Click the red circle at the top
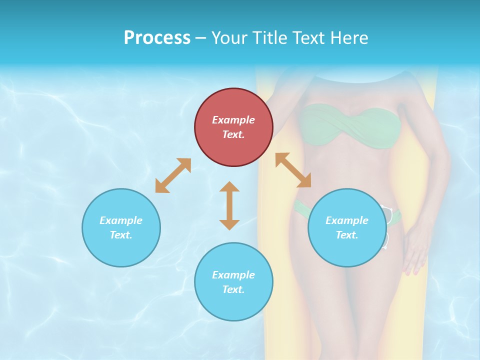coord(233,127)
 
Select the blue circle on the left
coord(121,227)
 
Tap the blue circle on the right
coord(347,227)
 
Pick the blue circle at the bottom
coord(233,282)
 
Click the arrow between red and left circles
coord(173,175)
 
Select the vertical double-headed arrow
coord(229,205)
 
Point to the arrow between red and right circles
coord(293,170)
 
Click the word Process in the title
coord(157,38)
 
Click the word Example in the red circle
coord(233,120)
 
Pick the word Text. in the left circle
coord(121,235)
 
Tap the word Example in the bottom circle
coord(233,275)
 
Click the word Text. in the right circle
coord(347,235)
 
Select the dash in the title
coord(201,38)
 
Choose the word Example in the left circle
coord(121,220)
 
